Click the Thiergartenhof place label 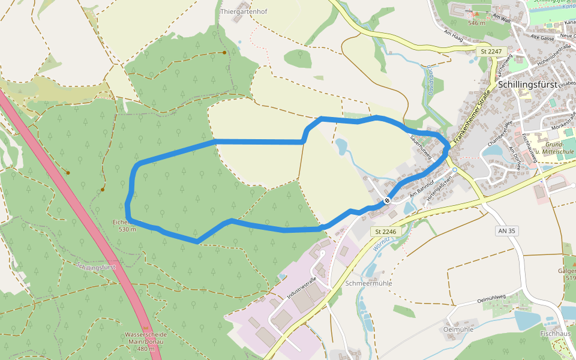(x=244, y=11)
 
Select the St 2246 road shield (x=386, y=231)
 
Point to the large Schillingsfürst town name (x=528, y=84)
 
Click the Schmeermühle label (x=369, y=283)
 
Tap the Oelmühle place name (x=458, y=329)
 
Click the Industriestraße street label (x=302, y=290)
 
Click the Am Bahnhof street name (x=421, y=188)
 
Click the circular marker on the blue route (x=388, y=200)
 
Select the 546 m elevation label (x=476, y=23)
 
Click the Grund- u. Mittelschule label (x=560, y=148)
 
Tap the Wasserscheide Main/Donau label (x=144, y=341)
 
